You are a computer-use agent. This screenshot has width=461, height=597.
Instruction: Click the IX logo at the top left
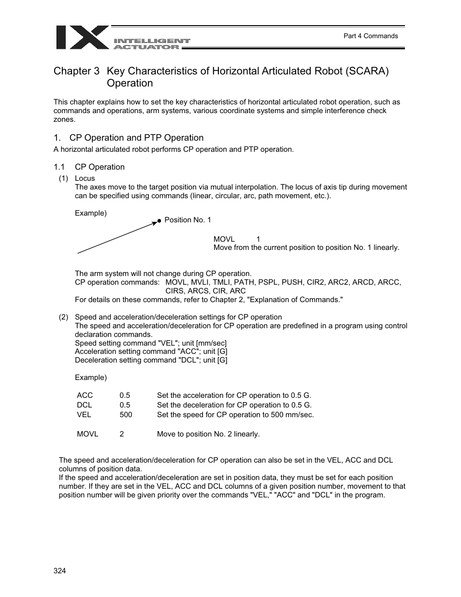pyautogui.click(x=82, y=37)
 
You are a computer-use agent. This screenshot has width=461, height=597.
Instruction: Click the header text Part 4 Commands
pyautogui.click(x=370, y=36)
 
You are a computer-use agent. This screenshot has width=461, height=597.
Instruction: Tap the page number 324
pyautogui.click(x=59, y=571)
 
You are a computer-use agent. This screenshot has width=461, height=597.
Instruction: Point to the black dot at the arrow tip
pyautogui.click(x=158, y=221)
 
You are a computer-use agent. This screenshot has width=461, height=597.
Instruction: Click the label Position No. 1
pyautogui.click(x=187, y=220)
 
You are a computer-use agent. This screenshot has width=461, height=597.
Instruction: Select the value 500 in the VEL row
pyautogui.click(x=126, y=415)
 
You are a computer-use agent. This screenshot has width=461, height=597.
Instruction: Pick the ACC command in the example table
pyautogui.click(x=85, y=395)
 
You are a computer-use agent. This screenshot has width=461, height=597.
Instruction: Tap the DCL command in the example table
pyautogui.click(x=84, y=405)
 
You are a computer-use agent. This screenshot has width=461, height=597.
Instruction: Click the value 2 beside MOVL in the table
pyautogui.click(x=122, y=434)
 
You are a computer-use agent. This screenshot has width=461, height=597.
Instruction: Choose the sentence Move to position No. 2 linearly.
pyautogui.click(x=208, y=434)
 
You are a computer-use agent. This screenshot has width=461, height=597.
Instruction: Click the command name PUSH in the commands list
pyautogui.click(x=292, y=282)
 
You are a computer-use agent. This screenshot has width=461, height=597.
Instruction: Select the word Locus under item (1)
pyautogui.click(x=85, y=178)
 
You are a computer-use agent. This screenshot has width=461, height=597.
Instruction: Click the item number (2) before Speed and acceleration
pyautogui.click(x=63, y=317)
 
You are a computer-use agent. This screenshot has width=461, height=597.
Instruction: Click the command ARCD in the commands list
pyautogui.click(x=364, y=282)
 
